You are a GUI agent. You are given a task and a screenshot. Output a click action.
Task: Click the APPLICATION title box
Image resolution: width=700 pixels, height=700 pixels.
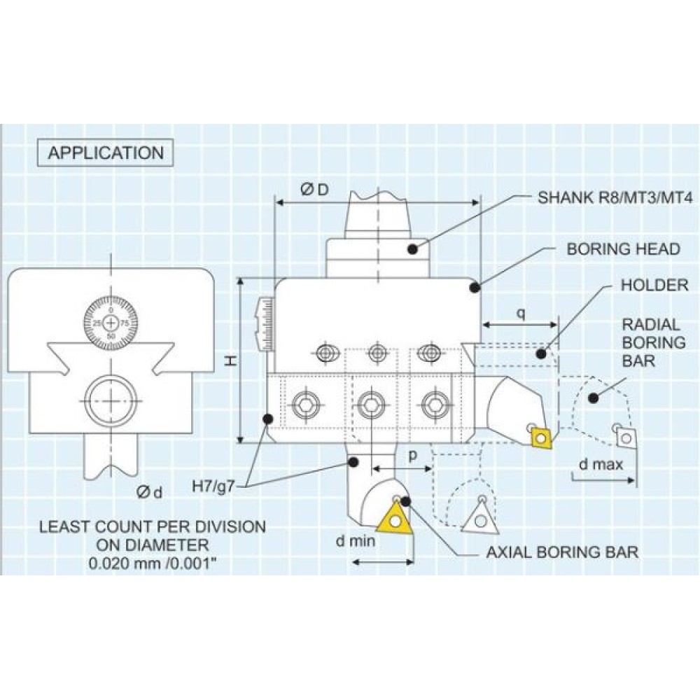coord(106,153)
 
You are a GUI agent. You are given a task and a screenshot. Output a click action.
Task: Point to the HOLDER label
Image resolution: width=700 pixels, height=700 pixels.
coord(654,286)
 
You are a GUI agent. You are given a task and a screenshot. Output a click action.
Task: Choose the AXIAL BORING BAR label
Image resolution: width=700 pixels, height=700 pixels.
coord(562,552)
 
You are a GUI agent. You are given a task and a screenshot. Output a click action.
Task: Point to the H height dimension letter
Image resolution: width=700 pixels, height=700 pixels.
coord(229,361)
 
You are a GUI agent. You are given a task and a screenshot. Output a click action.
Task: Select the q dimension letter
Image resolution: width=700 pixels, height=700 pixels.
coord(521,313)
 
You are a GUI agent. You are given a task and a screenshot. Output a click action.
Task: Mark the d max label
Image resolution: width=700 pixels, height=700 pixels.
coord(601,464)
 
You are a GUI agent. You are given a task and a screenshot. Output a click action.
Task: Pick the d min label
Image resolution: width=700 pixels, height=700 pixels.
coord(355,540)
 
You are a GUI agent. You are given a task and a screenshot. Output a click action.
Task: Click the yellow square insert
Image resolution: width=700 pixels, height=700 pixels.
coord(541,437)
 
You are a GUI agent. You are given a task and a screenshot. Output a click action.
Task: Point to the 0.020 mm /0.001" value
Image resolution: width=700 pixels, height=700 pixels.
coord(152,563)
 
